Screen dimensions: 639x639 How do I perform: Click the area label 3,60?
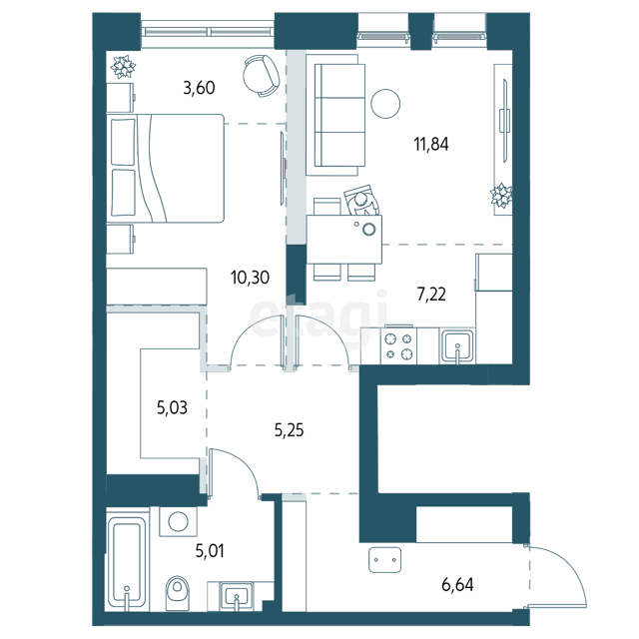[199, 88]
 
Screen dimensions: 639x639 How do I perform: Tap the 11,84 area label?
[431, 144]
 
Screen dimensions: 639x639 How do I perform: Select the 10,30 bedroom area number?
[250, 278]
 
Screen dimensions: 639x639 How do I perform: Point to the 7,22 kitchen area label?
[431, 294]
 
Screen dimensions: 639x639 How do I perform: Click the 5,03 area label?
[172, 407]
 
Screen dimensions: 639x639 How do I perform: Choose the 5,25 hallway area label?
[289, 430]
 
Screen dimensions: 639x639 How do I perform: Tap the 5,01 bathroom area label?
[210, 551]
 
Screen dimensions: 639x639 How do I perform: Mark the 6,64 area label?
[457, 585]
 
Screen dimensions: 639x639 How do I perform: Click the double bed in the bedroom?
[165, 169]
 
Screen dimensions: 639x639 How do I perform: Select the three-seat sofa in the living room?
[335, 116]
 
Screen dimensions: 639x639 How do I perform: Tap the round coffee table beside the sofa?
[385, 104]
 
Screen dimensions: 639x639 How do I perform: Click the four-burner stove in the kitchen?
[399, 345]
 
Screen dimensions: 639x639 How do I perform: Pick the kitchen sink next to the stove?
[457, 346]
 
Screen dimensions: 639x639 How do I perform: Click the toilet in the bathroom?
[178, 593]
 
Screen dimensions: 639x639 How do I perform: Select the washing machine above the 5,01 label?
[178, 521]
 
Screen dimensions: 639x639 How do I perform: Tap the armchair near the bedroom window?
[262, 76]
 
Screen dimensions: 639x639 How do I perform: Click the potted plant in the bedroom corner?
[123, 67]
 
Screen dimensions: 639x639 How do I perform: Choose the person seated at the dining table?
[361, 201]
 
